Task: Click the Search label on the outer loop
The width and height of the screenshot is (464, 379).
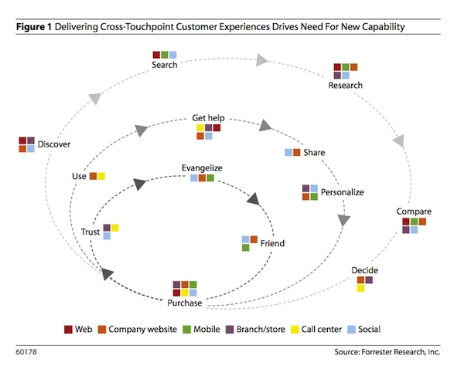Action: point(165,65)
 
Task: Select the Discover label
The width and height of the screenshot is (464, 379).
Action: point(55,144)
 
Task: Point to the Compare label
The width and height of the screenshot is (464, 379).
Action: point(414,211)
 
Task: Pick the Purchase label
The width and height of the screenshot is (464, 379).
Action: point(185,303)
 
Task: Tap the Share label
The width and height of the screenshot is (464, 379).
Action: point(314,153)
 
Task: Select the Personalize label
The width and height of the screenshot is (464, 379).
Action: point(342,192)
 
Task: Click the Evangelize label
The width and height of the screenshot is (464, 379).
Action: point(202,168)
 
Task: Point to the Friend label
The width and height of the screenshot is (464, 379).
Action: point(272,244)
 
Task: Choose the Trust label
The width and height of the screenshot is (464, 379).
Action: point(90,232)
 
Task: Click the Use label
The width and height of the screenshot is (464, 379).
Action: point(79,177)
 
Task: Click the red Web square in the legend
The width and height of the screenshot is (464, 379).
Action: point(68,329)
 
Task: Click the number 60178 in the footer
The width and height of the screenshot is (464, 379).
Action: point(26,354)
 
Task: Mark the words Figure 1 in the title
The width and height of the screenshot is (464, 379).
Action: point(34,27)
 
